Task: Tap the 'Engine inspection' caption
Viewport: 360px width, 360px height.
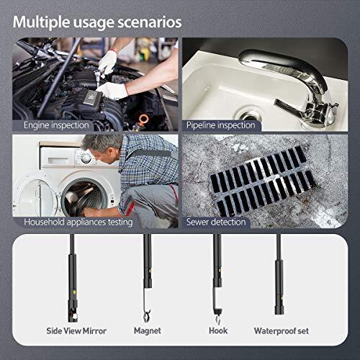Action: point(56,125)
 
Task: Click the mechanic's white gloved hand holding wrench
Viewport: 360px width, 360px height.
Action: point(109,60)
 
